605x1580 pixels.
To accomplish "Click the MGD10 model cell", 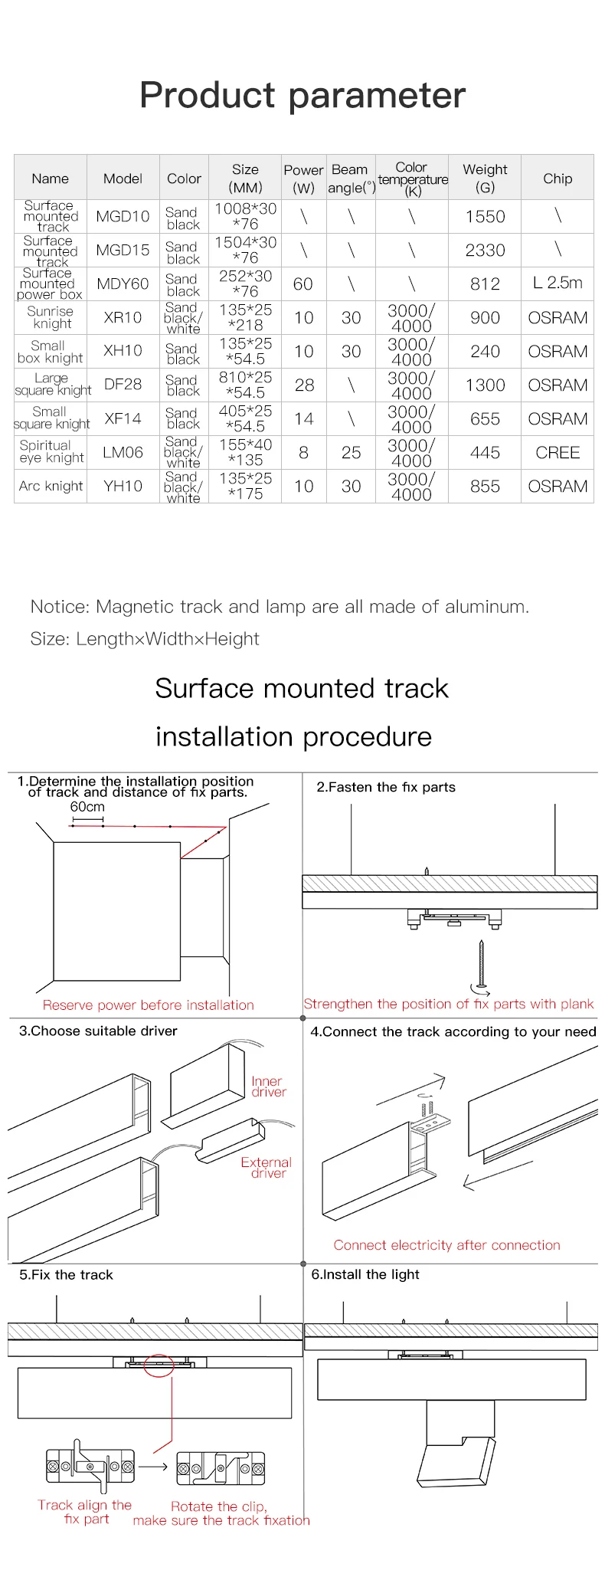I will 123,217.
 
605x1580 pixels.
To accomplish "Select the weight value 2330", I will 485,251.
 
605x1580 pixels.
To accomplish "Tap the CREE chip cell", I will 558,453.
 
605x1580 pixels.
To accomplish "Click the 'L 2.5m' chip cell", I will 558,283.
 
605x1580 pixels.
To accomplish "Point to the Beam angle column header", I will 351,179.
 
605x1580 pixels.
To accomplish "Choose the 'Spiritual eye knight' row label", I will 51,452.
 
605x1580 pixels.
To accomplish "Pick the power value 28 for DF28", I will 304,385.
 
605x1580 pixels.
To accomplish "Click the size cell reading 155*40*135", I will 245,452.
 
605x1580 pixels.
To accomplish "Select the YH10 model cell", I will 123,487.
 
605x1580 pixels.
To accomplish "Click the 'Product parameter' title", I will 302,96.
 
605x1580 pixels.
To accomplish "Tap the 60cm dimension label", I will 87,807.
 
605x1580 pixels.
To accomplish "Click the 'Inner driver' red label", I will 268,1087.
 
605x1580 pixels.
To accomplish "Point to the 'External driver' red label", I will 267,1168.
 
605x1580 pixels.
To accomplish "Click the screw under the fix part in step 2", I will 481,964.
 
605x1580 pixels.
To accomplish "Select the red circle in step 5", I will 159,1365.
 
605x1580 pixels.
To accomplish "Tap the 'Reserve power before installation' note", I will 148,1005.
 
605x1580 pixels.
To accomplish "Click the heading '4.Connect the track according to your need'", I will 453,1032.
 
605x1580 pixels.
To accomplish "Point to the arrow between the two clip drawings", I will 153,1467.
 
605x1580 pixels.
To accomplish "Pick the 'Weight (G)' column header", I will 485,179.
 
